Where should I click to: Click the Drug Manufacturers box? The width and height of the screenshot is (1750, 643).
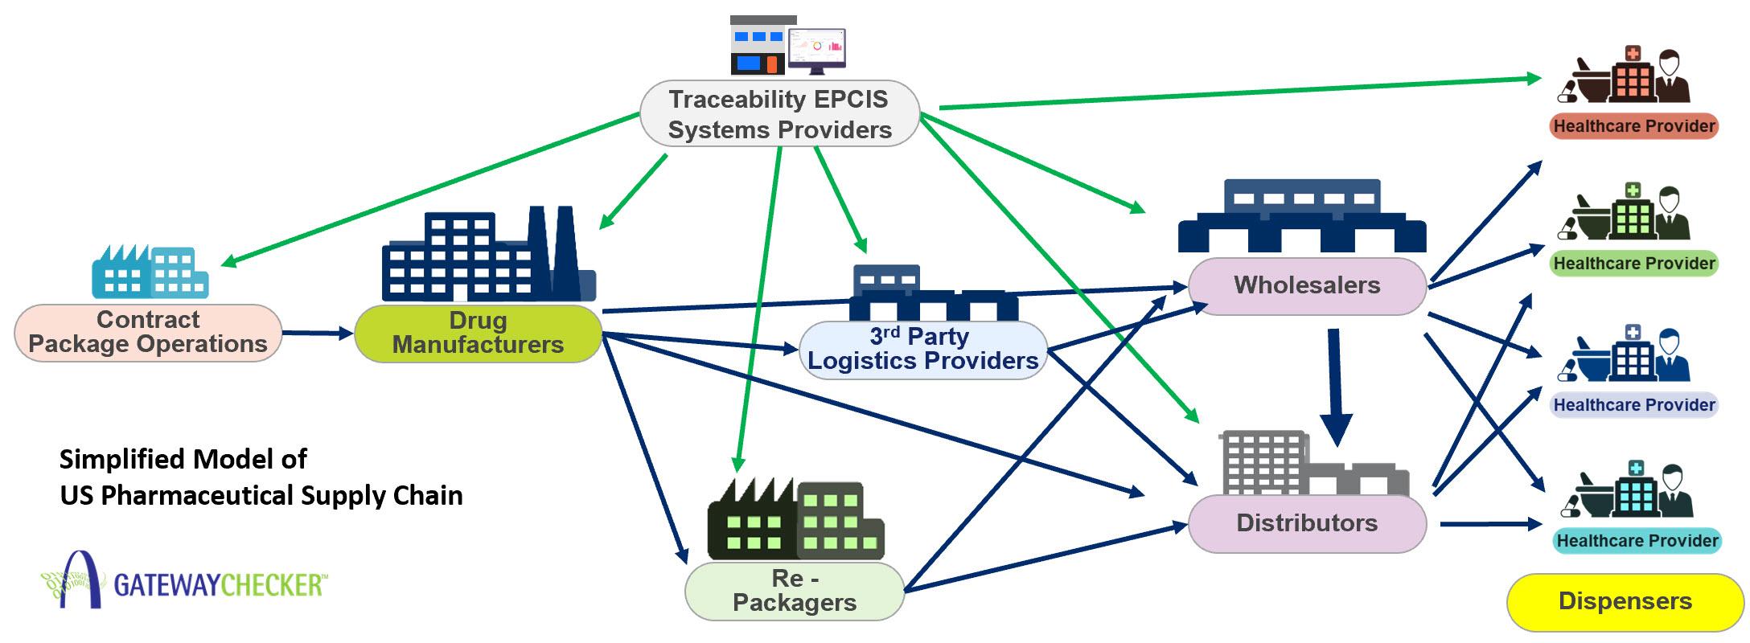[478, 333]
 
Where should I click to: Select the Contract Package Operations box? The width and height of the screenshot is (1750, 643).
[148, 332]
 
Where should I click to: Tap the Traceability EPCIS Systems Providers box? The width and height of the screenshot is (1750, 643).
[779, 114]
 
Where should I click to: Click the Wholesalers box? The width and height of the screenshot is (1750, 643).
[1307, 285]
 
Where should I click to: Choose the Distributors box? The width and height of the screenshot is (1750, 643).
[1307, 523]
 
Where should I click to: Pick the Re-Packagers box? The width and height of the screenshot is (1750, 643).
[794, 591]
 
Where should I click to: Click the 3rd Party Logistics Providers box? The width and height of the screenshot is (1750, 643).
[922, 350]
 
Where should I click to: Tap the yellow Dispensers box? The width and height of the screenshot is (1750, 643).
[1625, 601]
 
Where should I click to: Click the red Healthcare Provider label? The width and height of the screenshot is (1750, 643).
[1633, 126]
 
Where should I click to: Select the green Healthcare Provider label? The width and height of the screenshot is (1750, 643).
[1633, 264]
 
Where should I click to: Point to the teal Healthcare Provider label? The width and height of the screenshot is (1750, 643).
[1637, 541]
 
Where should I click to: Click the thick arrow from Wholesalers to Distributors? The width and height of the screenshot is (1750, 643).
[1336, 386]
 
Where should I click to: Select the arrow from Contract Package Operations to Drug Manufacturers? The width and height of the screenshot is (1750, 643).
[317, 333]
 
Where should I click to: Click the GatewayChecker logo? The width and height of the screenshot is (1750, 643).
[185, 580]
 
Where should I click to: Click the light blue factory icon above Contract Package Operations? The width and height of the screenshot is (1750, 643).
[150, 272]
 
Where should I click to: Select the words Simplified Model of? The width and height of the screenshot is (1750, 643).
[183, 460]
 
